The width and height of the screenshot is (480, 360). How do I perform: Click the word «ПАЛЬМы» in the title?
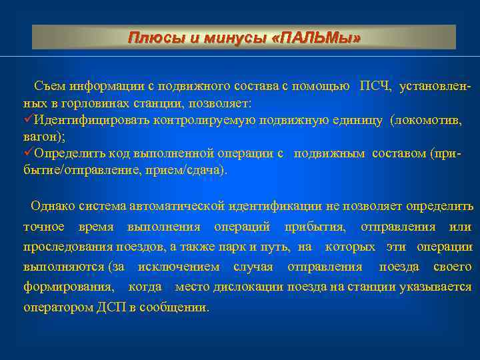pos(317,38)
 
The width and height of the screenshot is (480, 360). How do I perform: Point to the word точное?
pos(43,227)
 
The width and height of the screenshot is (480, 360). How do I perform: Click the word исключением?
pos(179,267)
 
